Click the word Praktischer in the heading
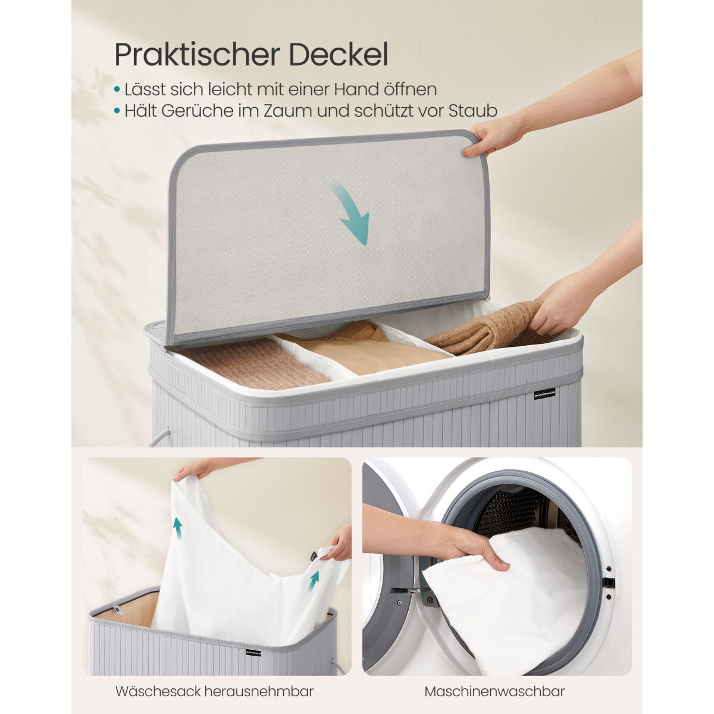coord(198,55)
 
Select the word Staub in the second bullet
coord(473,111)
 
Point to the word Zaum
coord(284,111)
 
